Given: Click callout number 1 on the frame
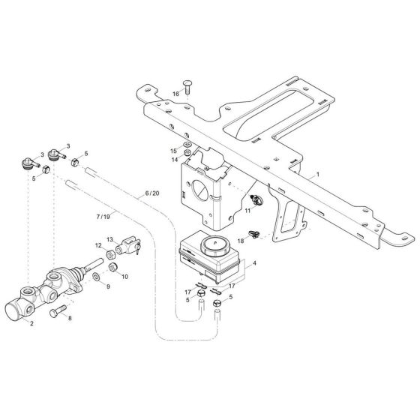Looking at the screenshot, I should tap(318, 173).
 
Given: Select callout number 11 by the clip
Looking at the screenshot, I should tap(246, 212).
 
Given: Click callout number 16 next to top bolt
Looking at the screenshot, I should tap(176, 94).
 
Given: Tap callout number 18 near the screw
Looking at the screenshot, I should tap(241, 240).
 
